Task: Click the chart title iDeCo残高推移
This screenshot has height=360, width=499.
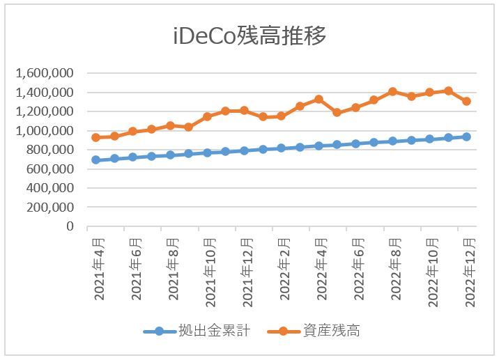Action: (249, 36)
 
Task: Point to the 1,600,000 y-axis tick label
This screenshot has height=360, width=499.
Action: (45, 73)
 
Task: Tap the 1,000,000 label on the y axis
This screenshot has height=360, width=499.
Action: (45, 131)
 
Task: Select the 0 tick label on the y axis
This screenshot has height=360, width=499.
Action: (70, 226)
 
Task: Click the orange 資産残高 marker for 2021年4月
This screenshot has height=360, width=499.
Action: (96, 138)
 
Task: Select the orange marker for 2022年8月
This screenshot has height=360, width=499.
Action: (392, 92)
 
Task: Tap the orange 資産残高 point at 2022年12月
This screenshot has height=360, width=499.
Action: (466, 101)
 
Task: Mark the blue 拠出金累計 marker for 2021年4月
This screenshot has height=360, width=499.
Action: (96, 160)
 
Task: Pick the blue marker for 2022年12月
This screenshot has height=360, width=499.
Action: (466, 136)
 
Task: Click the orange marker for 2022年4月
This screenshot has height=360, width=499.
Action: (318, 100)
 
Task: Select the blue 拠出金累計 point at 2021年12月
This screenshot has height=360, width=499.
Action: (244, 150)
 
